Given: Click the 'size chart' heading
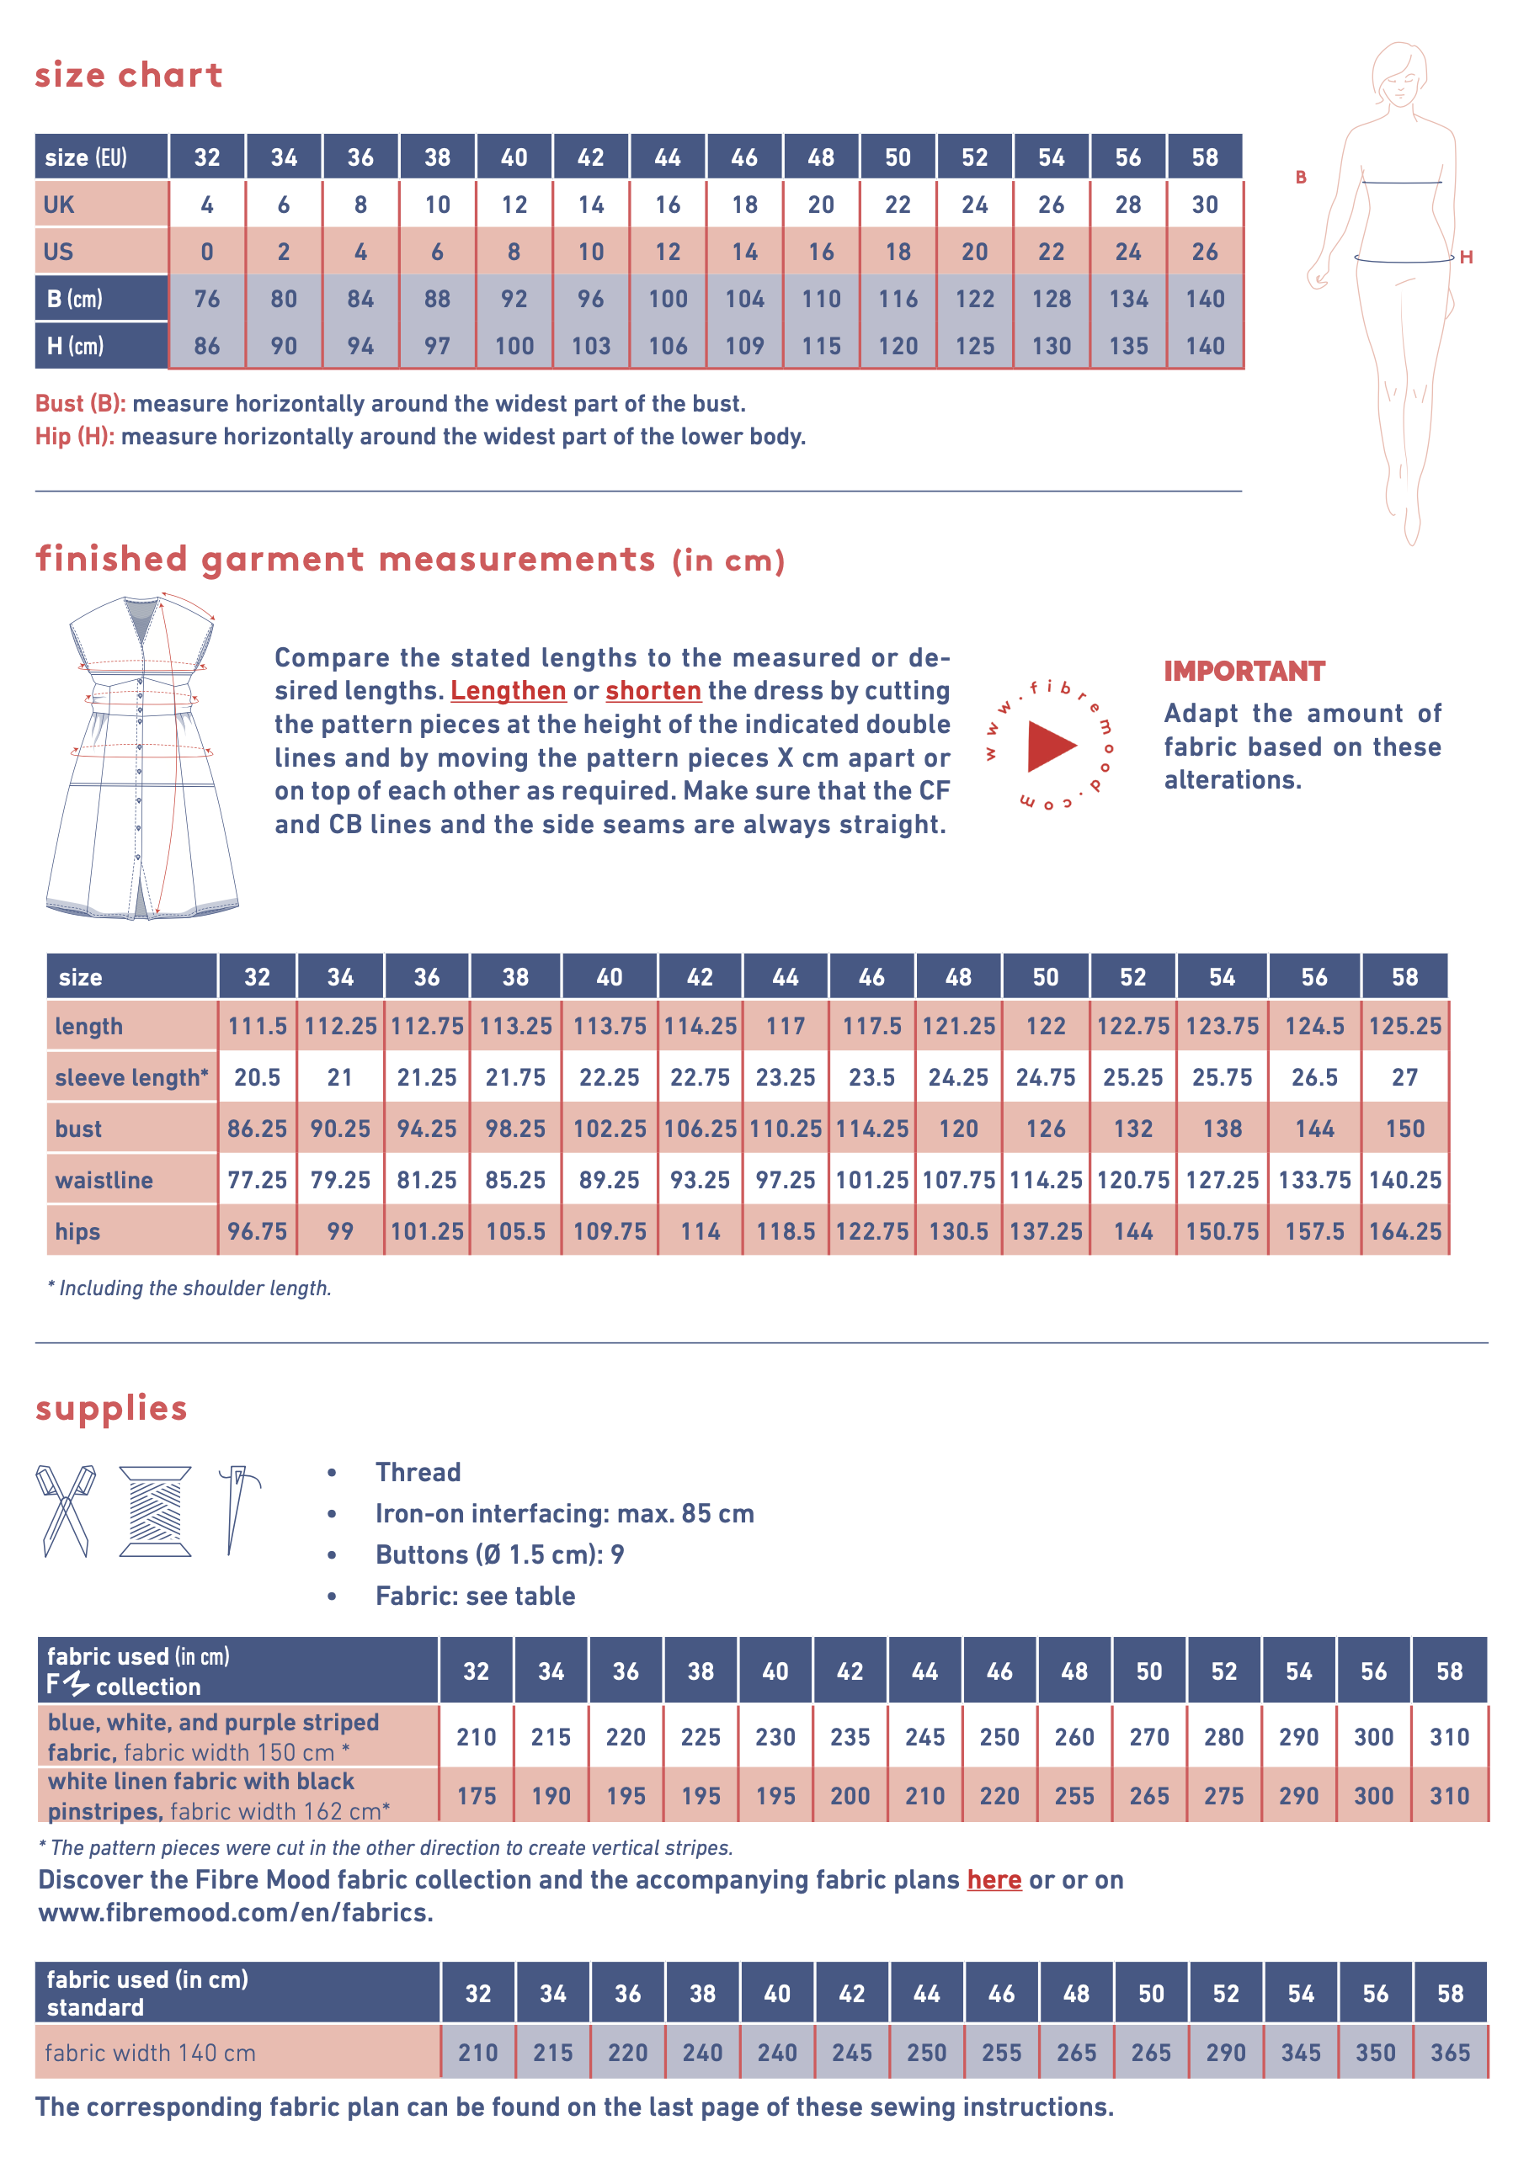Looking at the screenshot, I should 129,75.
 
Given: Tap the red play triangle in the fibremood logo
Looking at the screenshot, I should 1050,746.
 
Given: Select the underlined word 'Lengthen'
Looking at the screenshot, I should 508,691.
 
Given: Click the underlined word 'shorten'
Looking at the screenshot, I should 653,691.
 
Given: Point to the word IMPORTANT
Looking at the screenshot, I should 1244,671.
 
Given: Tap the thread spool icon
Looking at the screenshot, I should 155,1511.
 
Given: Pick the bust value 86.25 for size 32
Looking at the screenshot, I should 257,1129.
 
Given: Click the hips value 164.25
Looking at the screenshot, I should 1404,1231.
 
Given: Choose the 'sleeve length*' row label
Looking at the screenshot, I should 131,1078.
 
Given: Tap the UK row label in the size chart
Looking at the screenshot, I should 59,205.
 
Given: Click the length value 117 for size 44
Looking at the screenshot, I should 785,1026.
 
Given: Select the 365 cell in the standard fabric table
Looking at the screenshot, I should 1450,2053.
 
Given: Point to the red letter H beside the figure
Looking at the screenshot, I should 1466,258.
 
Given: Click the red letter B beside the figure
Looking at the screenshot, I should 1301,177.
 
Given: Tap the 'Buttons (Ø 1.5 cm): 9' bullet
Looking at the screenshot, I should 499,1555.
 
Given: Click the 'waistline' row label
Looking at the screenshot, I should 104,1180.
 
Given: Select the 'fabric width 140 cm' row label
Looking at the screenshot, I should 150,2053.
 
